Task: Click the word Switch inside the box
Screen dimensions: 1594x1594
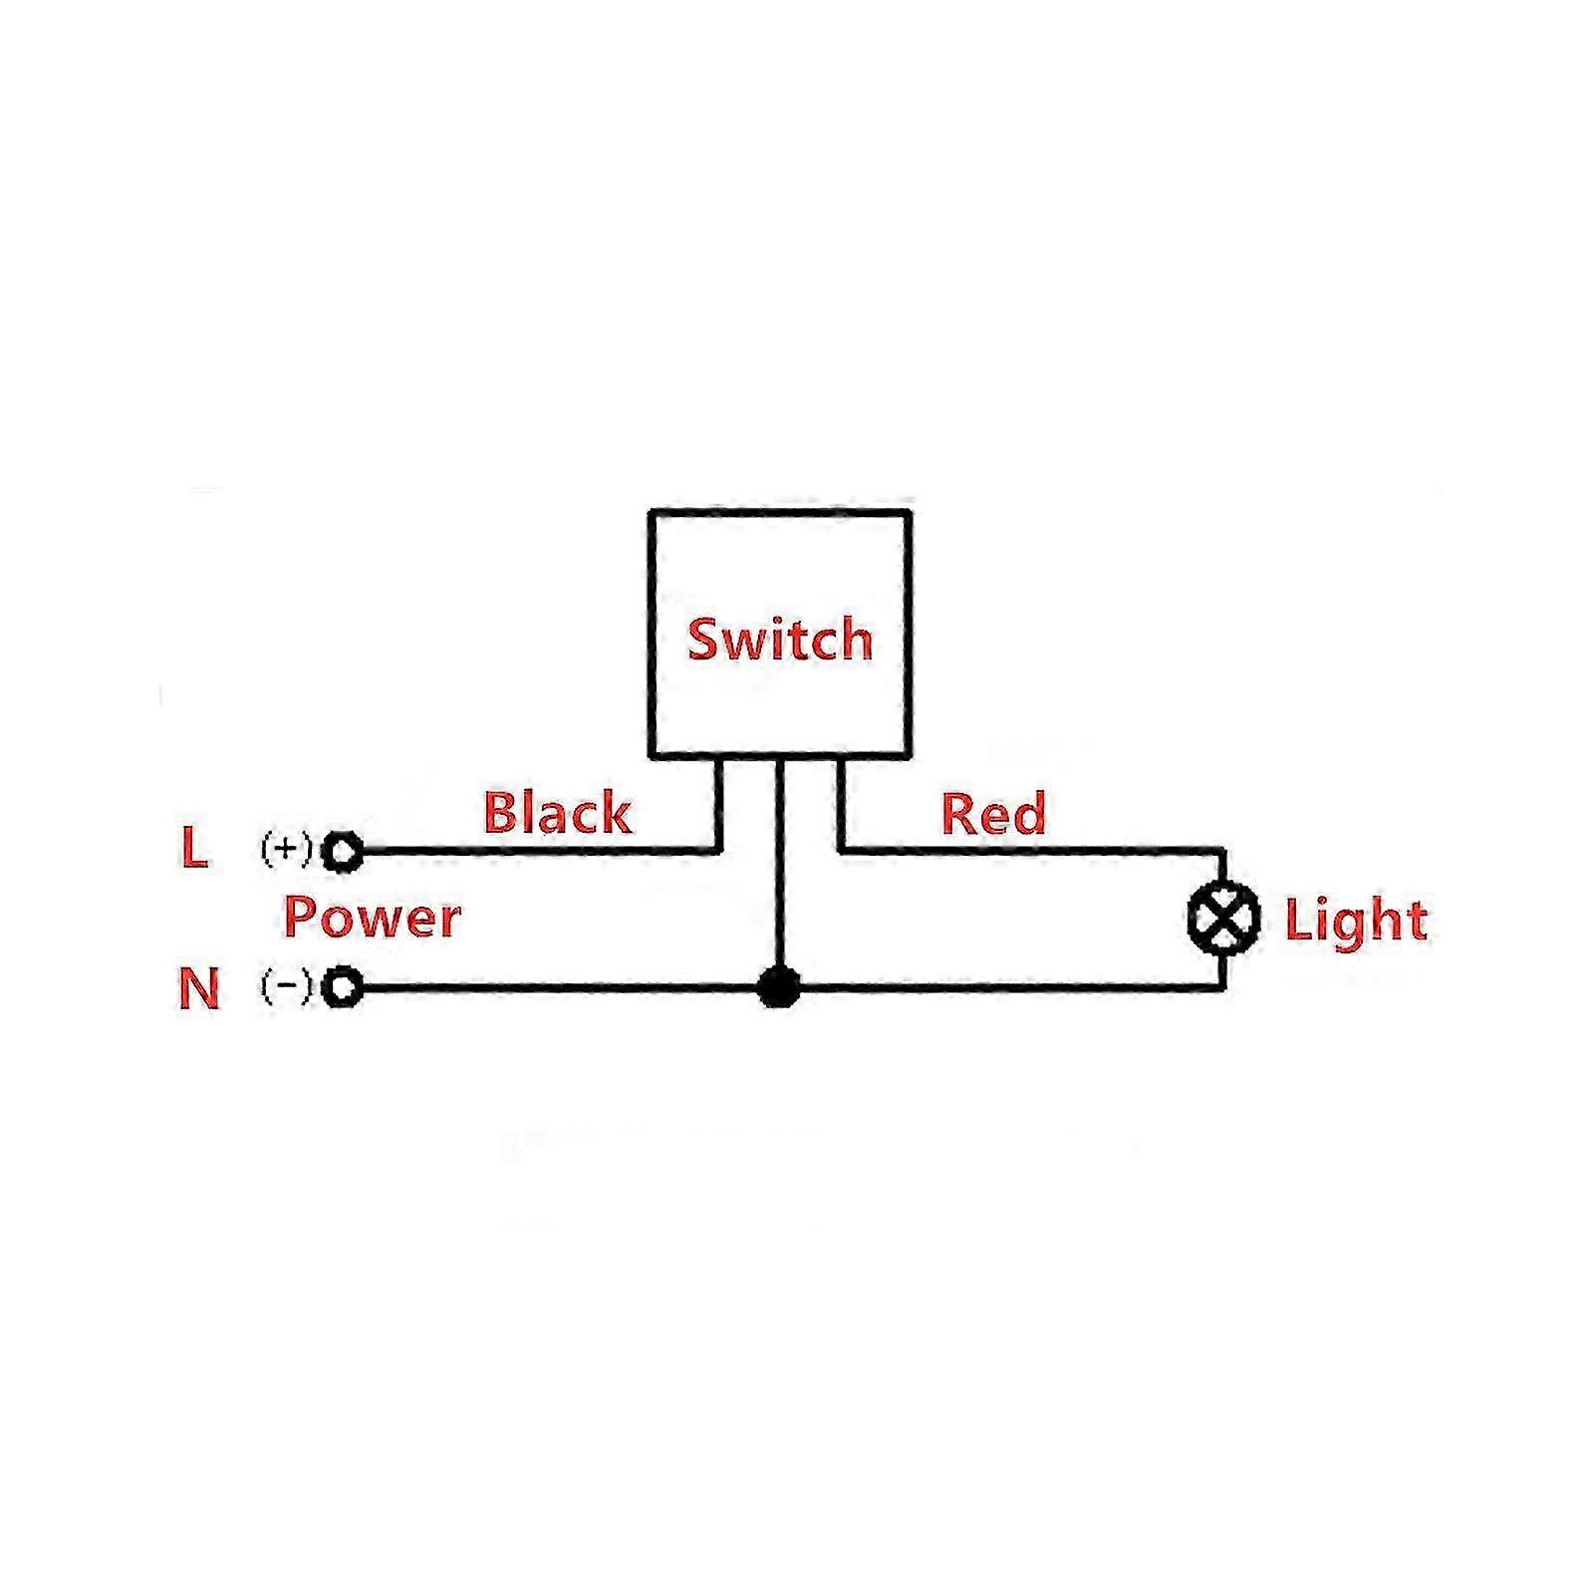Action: pos(780,639)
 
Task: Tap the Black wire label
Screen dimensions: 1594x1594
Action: pos(557,813)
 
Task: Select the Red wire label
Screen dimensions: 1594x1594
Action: pos(993,813)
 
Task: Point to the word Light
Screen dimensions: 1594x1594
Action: pos(1356,920)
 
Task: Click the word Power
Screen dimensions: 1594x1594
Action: pos(372,917)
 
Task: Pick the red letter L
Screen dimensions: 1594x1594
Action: pos(194,849)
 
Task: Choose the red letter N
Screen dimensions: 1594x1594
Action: pos(198,989)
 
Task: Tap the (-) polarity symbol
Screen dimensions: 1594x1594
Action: pos(286,986)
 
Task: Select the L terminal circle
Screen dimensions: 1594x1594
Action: pos(343,852)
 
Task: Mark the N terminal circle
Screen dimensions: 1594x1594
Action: pos(343,988)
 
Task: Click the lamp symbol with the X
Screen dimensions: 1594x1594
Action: pos(1223,919)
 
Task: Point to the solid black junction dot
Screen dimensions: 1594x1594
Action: pos(779,987)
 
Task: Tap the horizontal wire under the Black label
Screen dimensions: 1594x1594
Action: pos(538,852)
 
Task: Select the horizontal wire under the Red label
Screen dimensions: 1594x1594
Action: pos(1026,851)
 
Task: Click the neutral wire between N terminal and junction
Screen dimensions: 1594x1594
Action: pos(558,988)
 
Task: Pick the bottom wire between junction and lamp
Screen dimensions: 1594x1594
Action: pos(1006,988)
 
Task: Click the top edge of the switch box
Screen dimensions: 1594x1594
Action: pos(780,514)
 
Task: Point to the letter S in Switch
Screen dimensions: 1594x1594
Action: pos(704,639)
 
